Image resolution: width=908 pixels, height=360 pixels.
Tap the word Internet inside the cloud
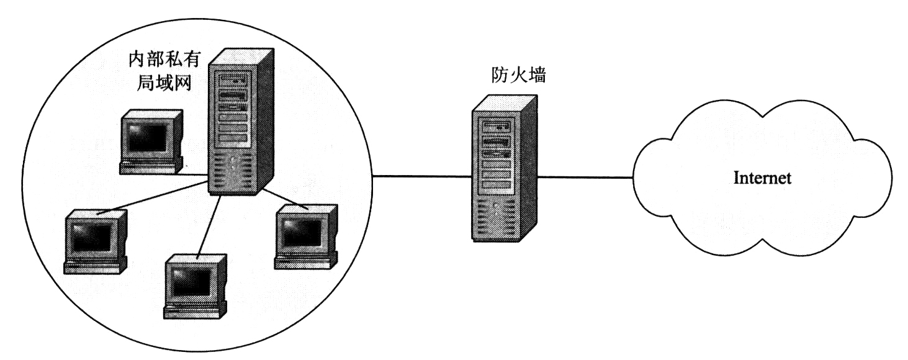pos(762,179)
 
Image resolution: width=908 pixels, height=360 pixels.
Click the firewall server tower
pos(503,168)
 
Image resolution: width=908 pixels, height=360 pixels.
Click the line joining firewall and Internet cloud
pos(583,178)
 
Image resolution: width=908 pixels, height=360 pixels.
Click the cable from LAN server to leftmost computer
pos(152,194)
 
